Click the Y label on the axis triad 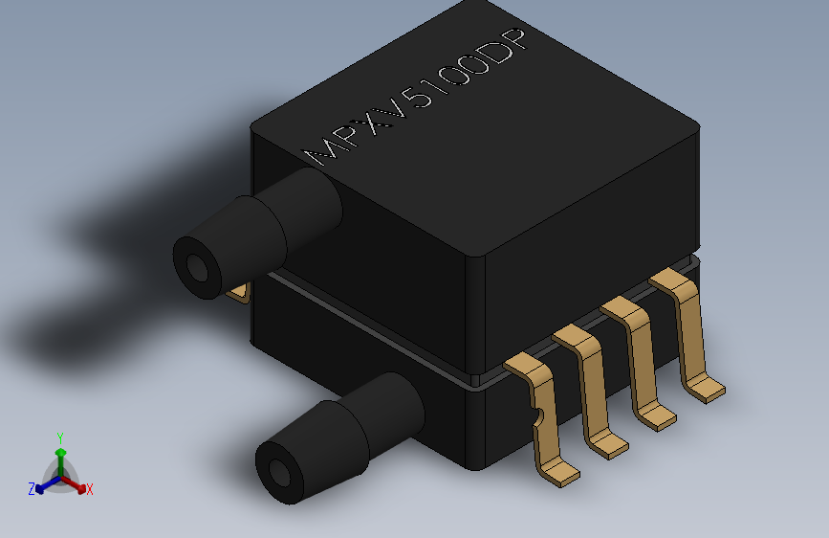pyautogui.click(x=59, y=437)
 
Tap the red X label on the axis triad pyautogui.click(x=89, y=489)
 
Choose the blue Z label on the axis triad pyautogui.click(x=31, y=488)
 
